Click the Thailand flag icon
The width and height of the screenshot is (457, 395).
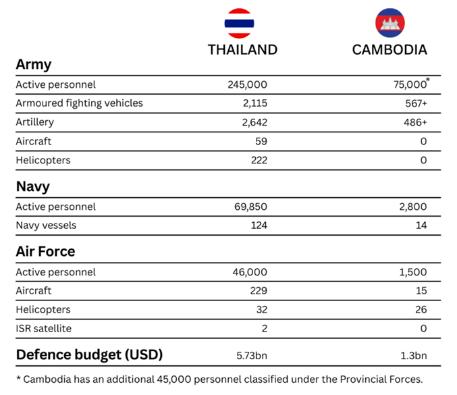[x=239, y=22]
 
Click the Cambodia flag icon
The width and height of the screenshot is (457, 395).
[x=389, y=22]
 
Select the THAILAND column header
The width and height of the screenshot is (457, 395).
[x=242, y=50]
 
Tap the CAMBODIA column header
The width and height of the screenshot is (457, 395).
[x=389, y=50]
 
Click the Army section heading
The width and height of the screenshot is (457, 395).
[x=33, y=65]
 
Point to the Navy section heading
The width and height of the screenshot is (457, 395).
[x=32, y=187]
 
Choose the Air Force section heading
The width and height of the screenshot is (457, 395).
[x=45, y=252]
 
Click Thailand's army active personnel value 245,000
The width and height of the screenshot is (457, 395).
[x=248, y=85]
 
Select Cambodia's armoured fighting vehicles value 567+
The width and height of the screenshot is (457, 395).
[x=413, y=104]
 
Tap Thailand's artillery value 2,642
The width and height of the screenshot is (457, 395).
[x=254, y=123]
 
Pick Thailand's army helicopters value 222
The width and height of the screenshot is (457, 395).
[x=259, y=161]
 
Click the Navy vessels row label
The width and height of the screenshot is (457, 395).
[x=46, y=226]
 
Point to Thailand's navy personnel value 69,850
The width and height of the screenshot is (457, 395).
[x=250, y=207]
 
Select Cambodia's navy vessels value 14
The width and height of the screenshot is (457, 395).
[x=421, y=226]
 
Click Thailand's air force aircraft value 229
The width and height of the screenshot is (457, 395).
[x=259, y=291]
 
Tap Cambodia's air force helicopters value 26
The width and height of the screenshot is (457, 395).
[x=420, y=310]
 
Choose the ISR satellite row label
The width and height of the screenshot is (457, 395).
[x=45, y=329]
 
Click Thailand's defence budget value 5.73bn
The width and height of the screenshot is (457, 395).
[x=251, y=355]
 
